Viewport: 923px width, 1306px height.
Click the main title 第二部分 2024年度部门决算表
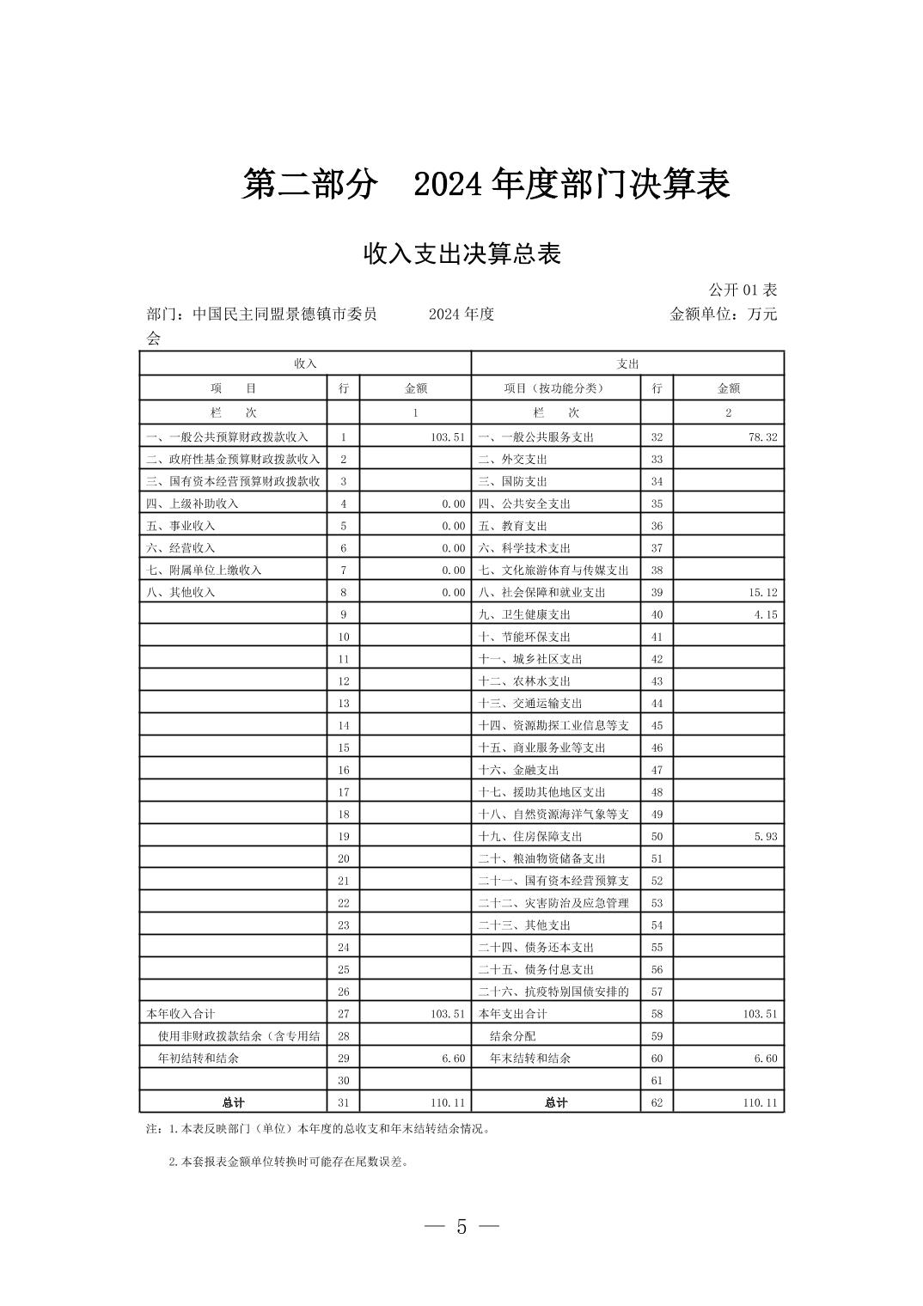coord(486,185)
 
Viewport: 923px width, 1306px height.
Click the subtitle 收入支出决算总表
coord(461,254)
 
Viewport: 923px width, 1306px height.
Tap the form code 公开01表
coord(743,290)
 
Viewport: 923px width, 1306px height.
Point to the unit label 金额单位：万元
coord(723,314)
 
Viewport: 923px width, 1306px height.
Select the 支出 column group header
coord(627,363)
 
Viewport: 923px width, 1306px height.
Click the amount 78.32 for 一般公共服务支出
coord(762,437)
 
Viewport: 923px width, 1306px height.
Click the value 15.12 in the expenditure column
coord(762,593)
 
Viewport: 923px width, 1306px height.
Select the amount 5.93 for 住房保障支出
coord(765,837)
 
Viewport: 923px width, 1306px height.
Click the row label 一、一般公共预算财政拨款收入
coord(227,437)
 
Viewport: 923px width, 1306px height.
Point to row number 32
coord(657,437)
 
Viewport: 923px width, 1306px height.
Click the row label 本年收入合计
coord(181,1014)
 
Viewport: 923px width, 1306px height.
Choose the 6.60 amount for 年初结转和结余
coord(453,1059)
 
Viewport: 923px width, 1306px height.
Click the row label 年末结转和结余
coord(529,1059)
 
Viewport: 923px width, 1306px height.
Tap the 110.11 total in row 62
coord(760,1103)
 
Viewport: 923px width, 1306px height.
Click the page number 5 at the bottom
coord(461,1227)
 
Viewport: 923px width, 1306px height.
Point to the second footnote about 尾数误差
coord(289,1163)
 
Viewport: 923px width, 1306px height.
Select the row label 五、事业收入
coord(180,526)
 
